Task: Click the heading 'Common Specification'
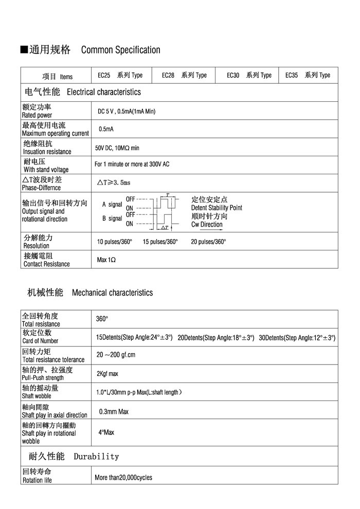coord(121,50)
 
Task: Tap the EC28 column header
coord(184,75)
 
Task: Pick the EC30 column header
coord(249,75)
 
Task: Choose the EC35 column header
coord(308,75)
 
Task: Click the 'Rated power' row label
coord(37,115)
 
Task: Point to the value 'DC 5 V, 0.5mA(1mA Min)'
coord(127,111)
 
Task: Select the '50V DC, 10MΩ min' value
coord(117,148)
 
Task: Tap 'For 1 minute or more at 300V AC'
coord(132,165)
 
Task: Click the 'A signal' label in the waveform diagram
coord(112,204)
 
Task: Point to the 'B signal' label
coord(112,218)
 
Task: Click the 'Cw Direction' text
coord(207,224)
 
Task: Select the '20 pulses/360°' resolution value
coord(208,241)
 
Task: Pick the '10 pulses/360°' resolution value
coord(115,241)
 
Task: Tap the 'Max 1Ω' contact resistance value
coord(106,260)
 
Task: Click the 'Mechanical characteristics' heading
coord(112,293)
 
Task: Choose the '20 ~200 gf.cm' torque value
coord(116,355)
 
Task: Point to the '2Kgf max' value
coord(107,374)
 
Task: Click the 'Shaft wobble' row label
coord(37,396)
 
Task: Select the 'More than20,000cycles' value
coord(123,478)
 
